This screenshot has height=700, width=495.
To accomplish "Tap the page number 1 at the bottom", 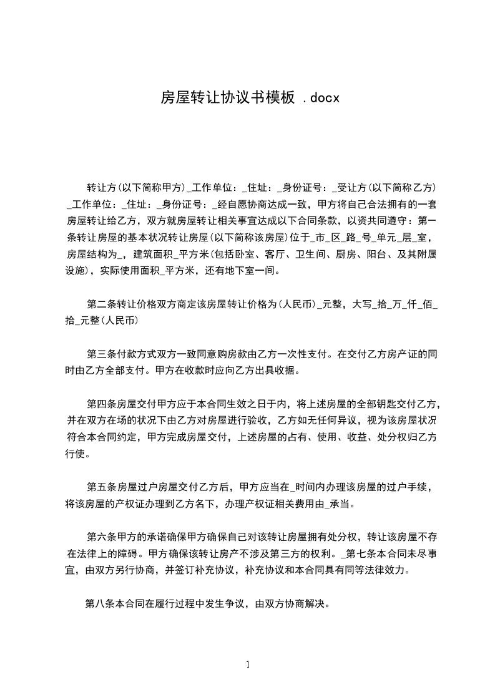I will pyautogui.click(x=248, y=664).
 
